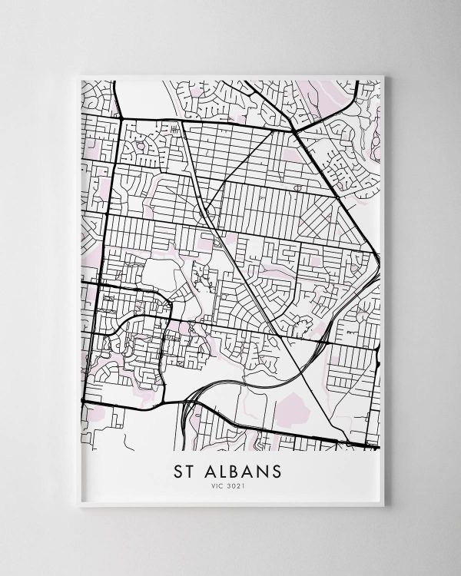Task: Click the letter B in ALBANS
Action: click(240, 468)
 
